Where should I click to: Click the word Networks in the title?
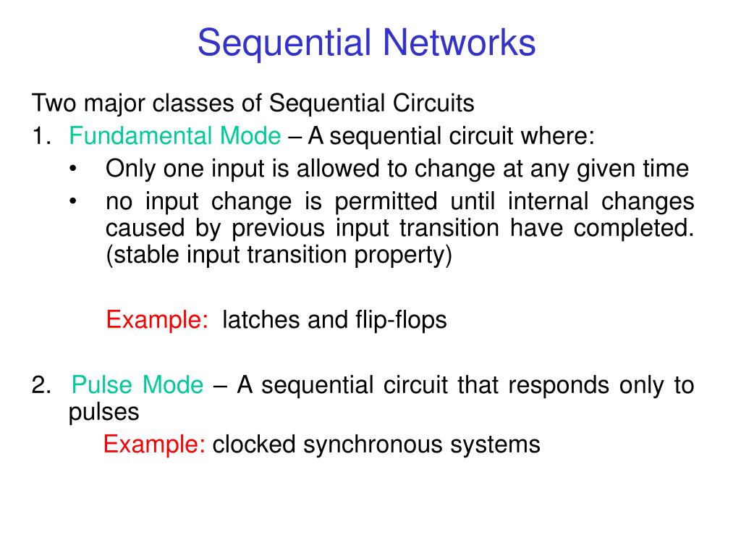click(x=459, y=43)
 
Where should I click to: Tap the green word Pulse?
click(x=101, y=385)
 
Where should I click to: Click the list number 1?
click(x=41, y=136)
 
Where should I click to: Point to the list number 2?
click(x=41, y=385)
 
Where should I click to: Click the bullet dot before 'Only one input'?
click(x=73, y=169)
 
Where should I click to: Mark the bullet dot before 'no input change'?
click(x=73, y=201)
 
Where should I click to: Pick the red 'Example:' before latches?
click(x=157, y=321)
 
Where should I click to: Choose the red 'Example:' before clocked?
click(x=154, y=445)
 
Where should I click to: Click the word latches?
click(x=261, y=320)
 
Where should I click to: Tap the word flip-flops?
click(x=401, y=321)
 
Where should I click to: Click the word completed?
click(x=634, y=229)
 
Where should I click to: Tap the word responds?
click(x=559, y=386)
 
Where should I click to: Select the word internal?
click(x=549, y=201)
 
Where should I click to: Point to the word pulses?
click(x=104, y=413)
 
